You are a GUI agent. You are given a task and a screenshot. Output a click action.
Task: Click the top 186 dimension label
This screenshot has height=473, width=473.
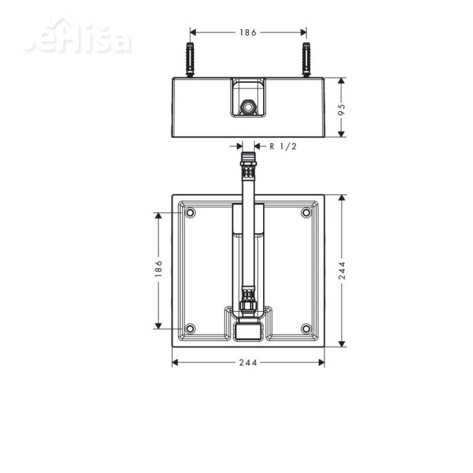pyautogui.click(x=248, y=33)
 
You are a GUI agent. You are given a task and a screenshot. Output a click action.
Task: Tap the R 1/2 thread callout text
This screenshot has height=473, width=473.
pyautogui.click(x=283, y=147)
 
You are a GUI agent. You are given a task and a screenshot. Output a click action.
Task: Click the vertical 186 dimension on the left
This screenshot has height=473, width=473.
pyautogui.click(x=158, y=270)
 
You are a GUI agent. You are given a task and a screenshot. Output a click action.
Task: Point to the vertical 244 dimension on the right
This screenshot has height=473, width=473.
pyautogui.click(x=342, y=270)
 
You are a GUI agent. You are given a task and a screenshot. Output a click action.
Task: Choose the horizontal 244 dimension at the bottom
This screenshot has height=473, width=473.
pyautogui.click(x=248, y=362)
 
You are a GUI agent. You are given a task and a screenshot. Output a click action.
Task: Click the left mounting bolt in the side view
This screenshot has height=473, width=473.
pyautogui.click(x=190, y=60)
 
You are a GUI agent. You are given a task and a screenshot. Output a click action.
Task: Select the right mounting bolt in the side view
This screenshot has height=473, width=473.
pyautogui.click(x=306, y=60)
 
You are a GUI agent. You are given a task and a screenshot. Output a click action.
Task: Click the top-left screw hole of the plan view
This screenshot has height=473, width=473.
pyautogui.click(x=190, y=213)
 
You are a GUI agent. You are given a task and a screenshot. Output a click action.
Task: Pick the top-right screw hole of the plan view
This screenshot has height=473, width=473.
pyautogui.click(x=306, y=213)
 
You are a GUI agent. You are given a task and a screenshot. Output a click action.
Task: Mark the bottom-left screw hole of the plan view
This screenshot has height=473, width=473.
pyautogui.click(x=190, y=329)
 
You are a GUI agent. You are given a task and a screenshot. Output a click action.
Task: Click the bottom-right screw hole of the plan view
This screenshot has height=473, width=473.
pyautogui.click(x=306, y=329)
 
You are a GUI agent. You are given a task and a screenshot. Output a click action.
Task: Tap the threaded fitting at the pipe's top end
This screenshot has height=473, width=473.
pyautogui.click(x=248, y=160)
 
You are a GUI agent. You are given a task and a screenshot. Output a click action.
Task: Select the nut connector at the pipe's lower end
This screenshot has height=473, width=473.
pyautogui.click(x=248, y=307)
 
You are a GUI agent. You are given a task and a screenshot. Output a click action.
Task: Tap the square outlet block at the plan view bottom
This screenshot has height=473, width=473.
pyautogui.click(x=248, y=332)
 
